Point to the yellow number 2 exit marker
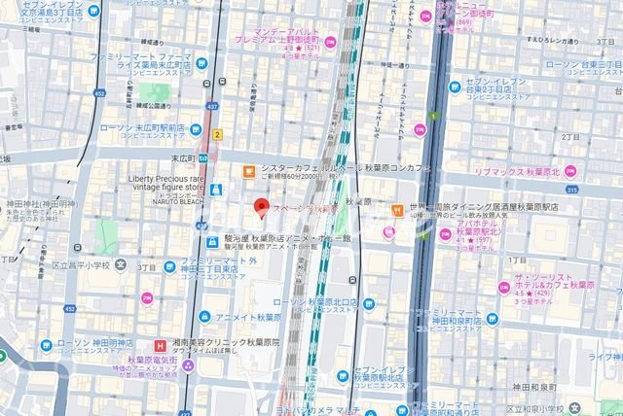[219, 134]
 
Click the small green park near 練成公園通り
[149, 93]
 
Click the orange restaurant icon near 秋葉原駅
[397, 210]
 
